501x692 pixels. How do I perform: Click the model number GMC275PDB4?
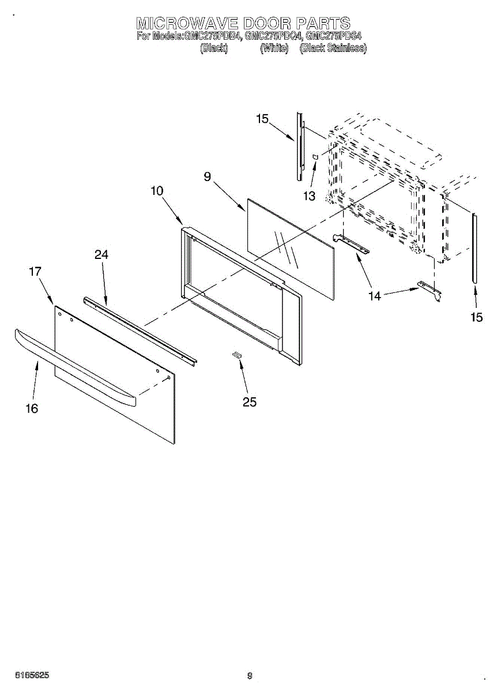click(213, 36)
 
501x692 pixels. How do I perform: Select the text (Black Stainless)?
click(333, 48)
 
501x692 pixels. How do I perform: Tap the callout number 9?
click(208, 177)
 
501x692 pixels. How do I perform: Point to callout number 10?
click(157, 191)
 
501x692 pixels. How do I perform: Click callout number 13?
click(310, 196)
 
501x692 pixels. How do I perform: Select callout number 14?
click(375, 296)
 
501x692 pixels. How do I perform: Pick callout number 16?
click(32, 408)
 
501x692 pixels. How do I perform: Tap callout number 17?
click(35, 271)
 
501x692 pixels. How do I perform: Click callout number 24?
click(101, 254)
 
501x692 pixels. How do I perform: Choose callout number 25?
click(250, 402)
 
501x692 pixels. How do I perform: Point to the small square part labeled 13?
click(315, 156)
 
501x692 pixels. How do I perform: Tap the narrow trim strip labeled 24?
click(141, 331)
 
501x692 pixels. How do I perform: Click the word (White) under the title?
click(274, 48)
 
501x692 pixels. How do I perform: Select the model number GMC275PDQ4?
click(274, 36)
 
